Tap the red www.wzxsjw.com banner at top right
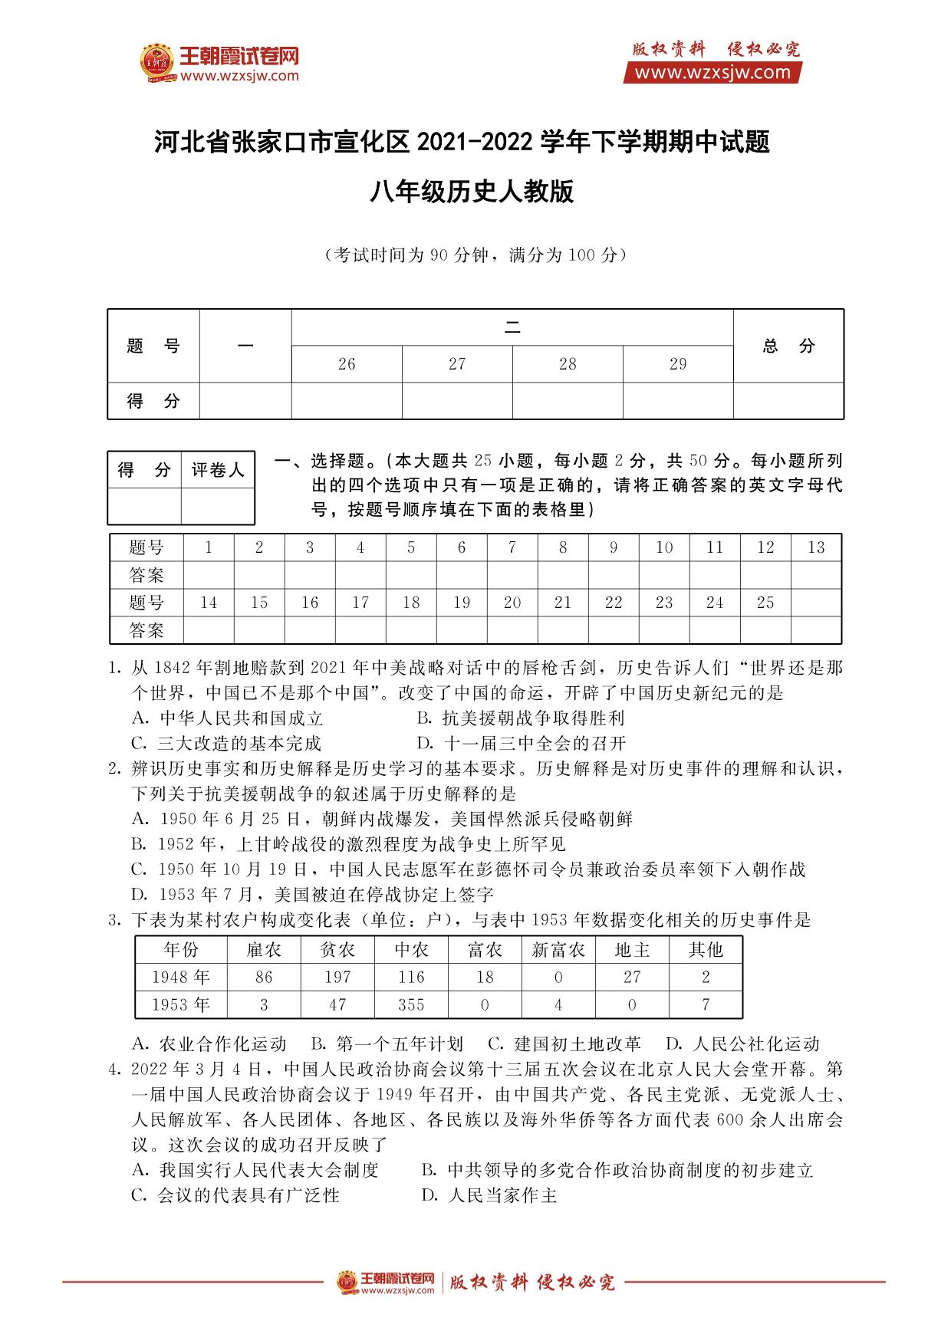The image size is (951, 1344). [x=712, y=73]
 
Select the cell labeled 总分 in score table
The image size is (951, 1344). [x=788, y=346]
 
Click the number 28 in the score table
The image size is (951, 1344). [x=568, y=364]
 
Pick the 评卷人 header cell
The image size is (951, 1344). [x=218, y=470]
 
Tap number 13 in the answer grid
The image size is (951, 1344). [x=816, y=547]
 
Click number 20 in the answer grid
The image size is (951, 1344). [x=512, y=603]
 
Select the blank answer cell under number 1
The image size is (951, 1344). [x=209, y=575]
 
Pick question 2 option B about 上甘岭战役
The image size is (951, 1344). [x=349, y=844]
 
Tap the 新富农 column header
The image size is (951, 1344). [x=558, y=950]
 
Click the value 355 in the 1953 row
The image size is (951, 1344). [x=411, y=1004]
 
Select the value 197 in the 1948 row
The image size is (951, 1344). [x=337, y=978]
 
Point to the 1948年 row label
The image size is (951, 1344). [x=181, y=978]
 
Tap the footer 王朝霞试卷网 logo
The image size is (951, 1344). [x=387, y=1282]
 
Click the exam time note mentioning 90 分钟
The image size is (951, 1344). [x=475, y=255]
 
